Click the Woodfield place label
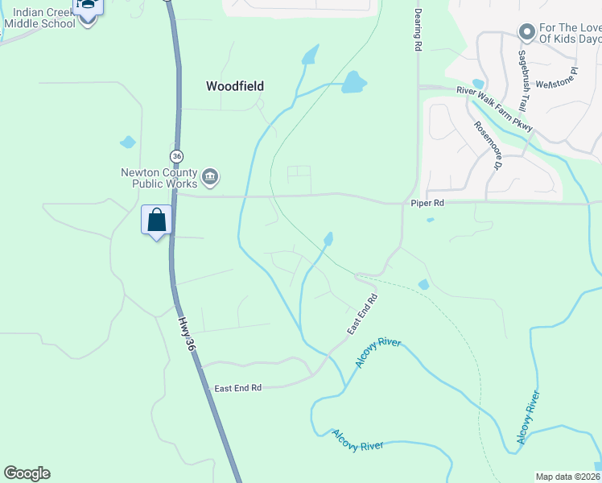tap(235, 86)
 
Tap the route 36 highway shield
tap(177, 155)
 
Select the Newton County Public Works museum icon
tap(210, 177)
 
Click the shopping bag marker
tap(156, 220)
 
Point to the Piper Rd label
tap(427, 204)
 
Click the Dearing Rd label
tap(418, 31)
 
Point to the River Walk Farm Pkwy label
tap(494, 109)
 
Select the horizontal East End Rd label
tap(238, 388)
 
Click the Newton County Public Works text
tap(159, 177)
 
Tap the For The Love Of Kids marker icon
tap(527, 32)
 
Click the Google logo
tap(27, 473)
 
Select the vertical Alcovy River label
tap(527, 417)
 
